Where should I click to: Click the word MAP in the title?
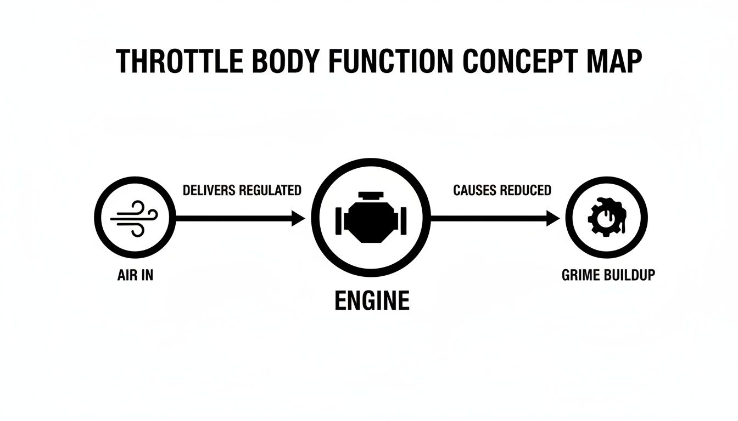(x=617, y=61)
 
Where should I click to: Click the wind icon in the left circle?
(x=135, y=218)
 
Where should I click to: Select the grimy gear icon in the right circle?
(x=606, y=218)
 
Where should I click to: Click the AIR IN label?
(x=135, y=275)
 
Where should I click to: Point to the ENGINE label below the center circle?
(x=372, y=301)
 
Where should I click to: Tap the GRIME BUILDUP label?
(x=608, y=275)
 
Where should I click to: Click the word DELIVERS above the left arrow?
(x=209, y=190)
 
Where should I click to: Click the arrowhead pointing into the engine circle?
(x=298, y=219)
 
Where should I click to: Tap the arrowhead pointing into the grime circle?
(x=553, y=219)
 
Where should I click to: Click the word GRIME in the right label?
(x=581, y=275)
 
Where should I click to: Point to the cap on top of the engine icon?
(x=371, y=196)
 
